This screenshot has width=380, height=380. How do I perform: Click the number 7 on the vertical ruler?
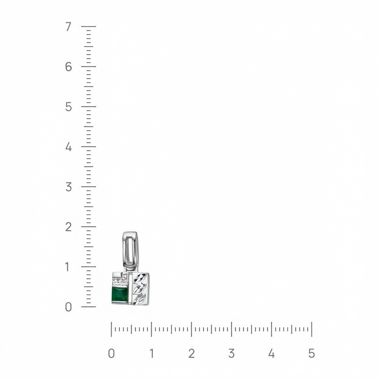(x=68, y=27)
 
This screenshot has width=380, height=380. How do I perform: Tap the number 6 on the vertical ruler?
(x=69, y=67)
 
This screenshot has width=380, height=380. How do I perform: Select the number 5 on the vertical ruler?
(x=69, y=107)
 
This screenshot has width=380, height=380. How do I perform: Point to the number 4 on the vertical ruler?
(x=69, y=147)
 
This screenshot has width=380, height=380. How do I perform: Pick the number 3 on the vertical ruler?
(x=69, y=187)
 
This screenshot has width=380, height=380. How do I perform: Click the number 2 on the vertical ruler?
(x=69, y=227)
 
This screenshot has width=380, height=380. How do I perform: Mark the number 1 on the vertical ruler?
(x=68, y=267)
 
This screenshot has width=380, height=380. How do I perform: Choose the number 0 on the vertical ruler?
(x=69, y=307)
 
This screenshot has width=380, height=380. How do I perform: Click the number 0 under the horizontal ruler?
(x=111, y=353)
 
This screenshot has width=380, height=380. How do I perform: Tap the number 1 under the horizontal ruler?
(x=152, y=353)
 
